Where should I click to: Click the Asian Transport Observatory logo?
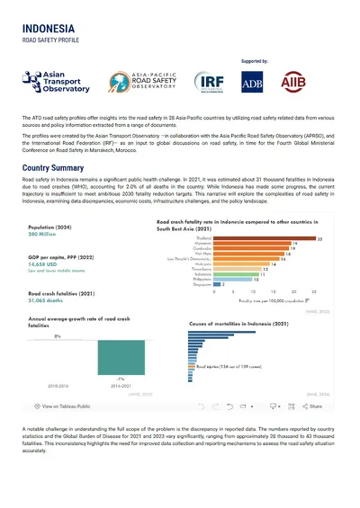point(58,91)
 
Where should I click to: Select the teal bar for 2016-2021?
point(120,369)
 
